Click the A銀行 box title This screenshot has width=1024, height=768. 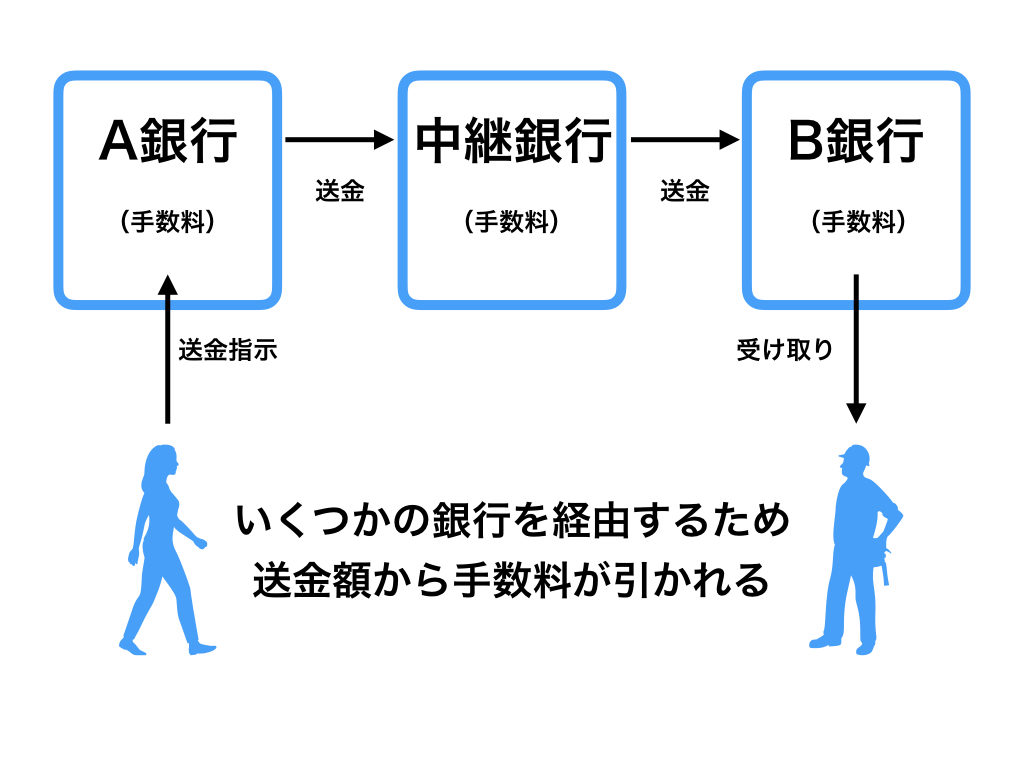(167, 141)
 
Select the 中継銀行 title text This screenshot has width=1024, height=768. (512, 141)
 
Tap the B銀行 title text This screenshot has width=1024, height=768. (856, 141)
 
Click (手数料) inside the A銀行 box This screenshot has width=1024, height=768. (167, 222)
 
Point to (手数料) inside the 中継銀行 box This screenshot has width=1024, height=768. (512, 222)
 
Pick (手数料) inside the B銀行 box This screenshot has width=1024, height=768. (856, 222)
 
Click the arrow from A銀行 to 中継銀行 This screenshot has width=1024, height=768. (340, 140)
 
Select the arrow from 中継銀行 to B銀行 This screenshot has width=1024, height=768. (685, 140)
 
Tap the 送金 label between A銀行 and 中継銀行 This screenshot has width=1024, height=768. (339, 191)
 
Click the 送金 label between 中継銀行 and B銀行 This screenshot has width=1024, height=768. (684, 191)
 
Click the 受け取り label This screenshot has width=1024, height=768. (785, 350)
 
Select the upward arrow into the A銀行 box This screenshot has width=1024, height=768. (167, 350)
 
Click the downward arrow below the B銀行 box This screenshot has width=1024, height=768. (856, 350)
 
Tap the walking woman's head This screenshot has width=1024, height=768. (163, 461)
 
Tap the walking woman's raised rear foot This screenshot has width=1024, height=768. (130, 640)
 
